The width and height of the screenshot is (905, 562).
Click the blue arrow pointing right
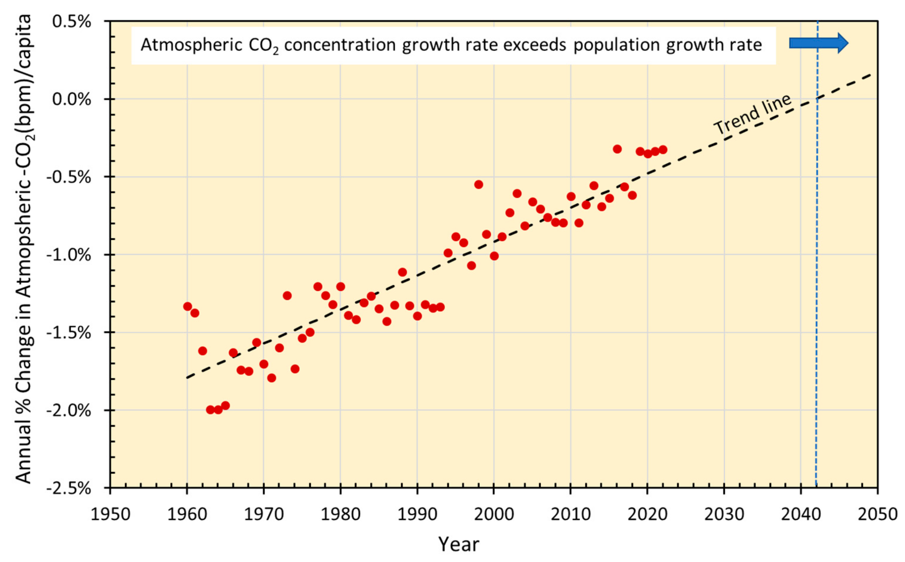[x=818, y=43]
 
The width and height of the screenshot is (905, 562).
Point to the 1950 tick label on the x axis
[x=111, y=514]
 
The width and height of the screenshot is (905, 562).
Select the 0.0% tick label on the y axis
[x=72, y=99]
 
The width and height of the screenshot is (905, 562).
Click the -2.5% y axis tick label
[x=69, y=488]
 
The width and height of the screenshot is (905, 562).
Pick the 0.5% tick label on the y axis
[x=72, y=21]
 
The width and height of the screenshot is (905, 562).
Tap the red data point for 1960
[x=187, y=306]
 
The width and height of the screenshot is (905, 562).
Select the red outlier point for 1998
[x=479, y=184]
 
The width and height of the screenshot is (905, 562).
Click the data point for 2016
[x=617, y=149]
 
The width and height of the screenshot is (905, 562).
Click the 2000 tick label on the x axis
[x=494, y=514]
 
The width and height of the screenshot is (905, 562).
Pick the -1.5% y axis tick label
[x=69, y=333]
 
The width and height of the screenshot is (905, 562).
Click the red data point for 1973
[x=287, y=296]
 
